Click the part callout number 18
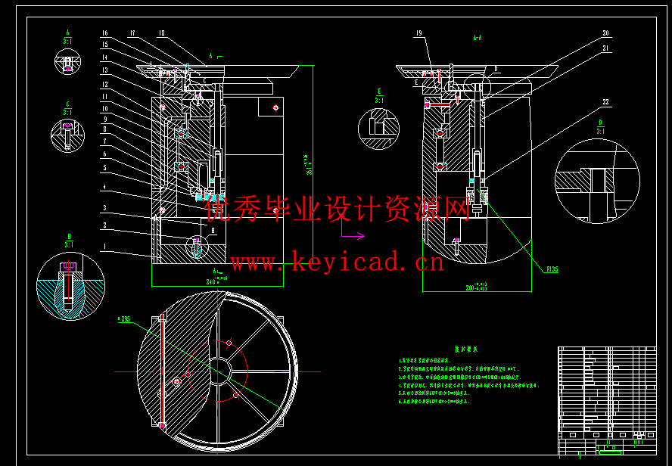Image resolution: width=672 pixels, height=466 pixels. (x=161, y=33)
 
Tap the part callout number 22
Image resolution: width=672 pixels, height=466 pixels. (x=605, y=102)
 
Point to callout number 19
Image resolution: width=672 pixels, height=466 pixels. (x=418, y=33)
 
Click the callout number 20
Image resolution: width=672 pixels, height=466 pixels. (x=605, y=33)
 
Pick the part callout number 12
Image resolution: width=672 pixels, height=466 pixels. (x=105, y=84)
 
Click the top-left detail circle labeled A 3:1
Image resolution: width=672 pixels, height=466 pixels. (x=67, y=61)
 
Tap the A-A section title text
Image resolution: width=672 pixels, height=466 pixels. (x=478, y=36)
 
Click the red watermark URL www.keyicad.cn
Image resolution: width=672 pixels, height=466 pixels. (x=338, y=263)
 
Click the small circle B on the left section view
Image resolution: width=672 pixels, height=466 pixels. (x=197, y=245)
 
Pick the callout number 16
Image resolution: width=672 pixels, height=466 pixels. (x=105, y=33)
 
